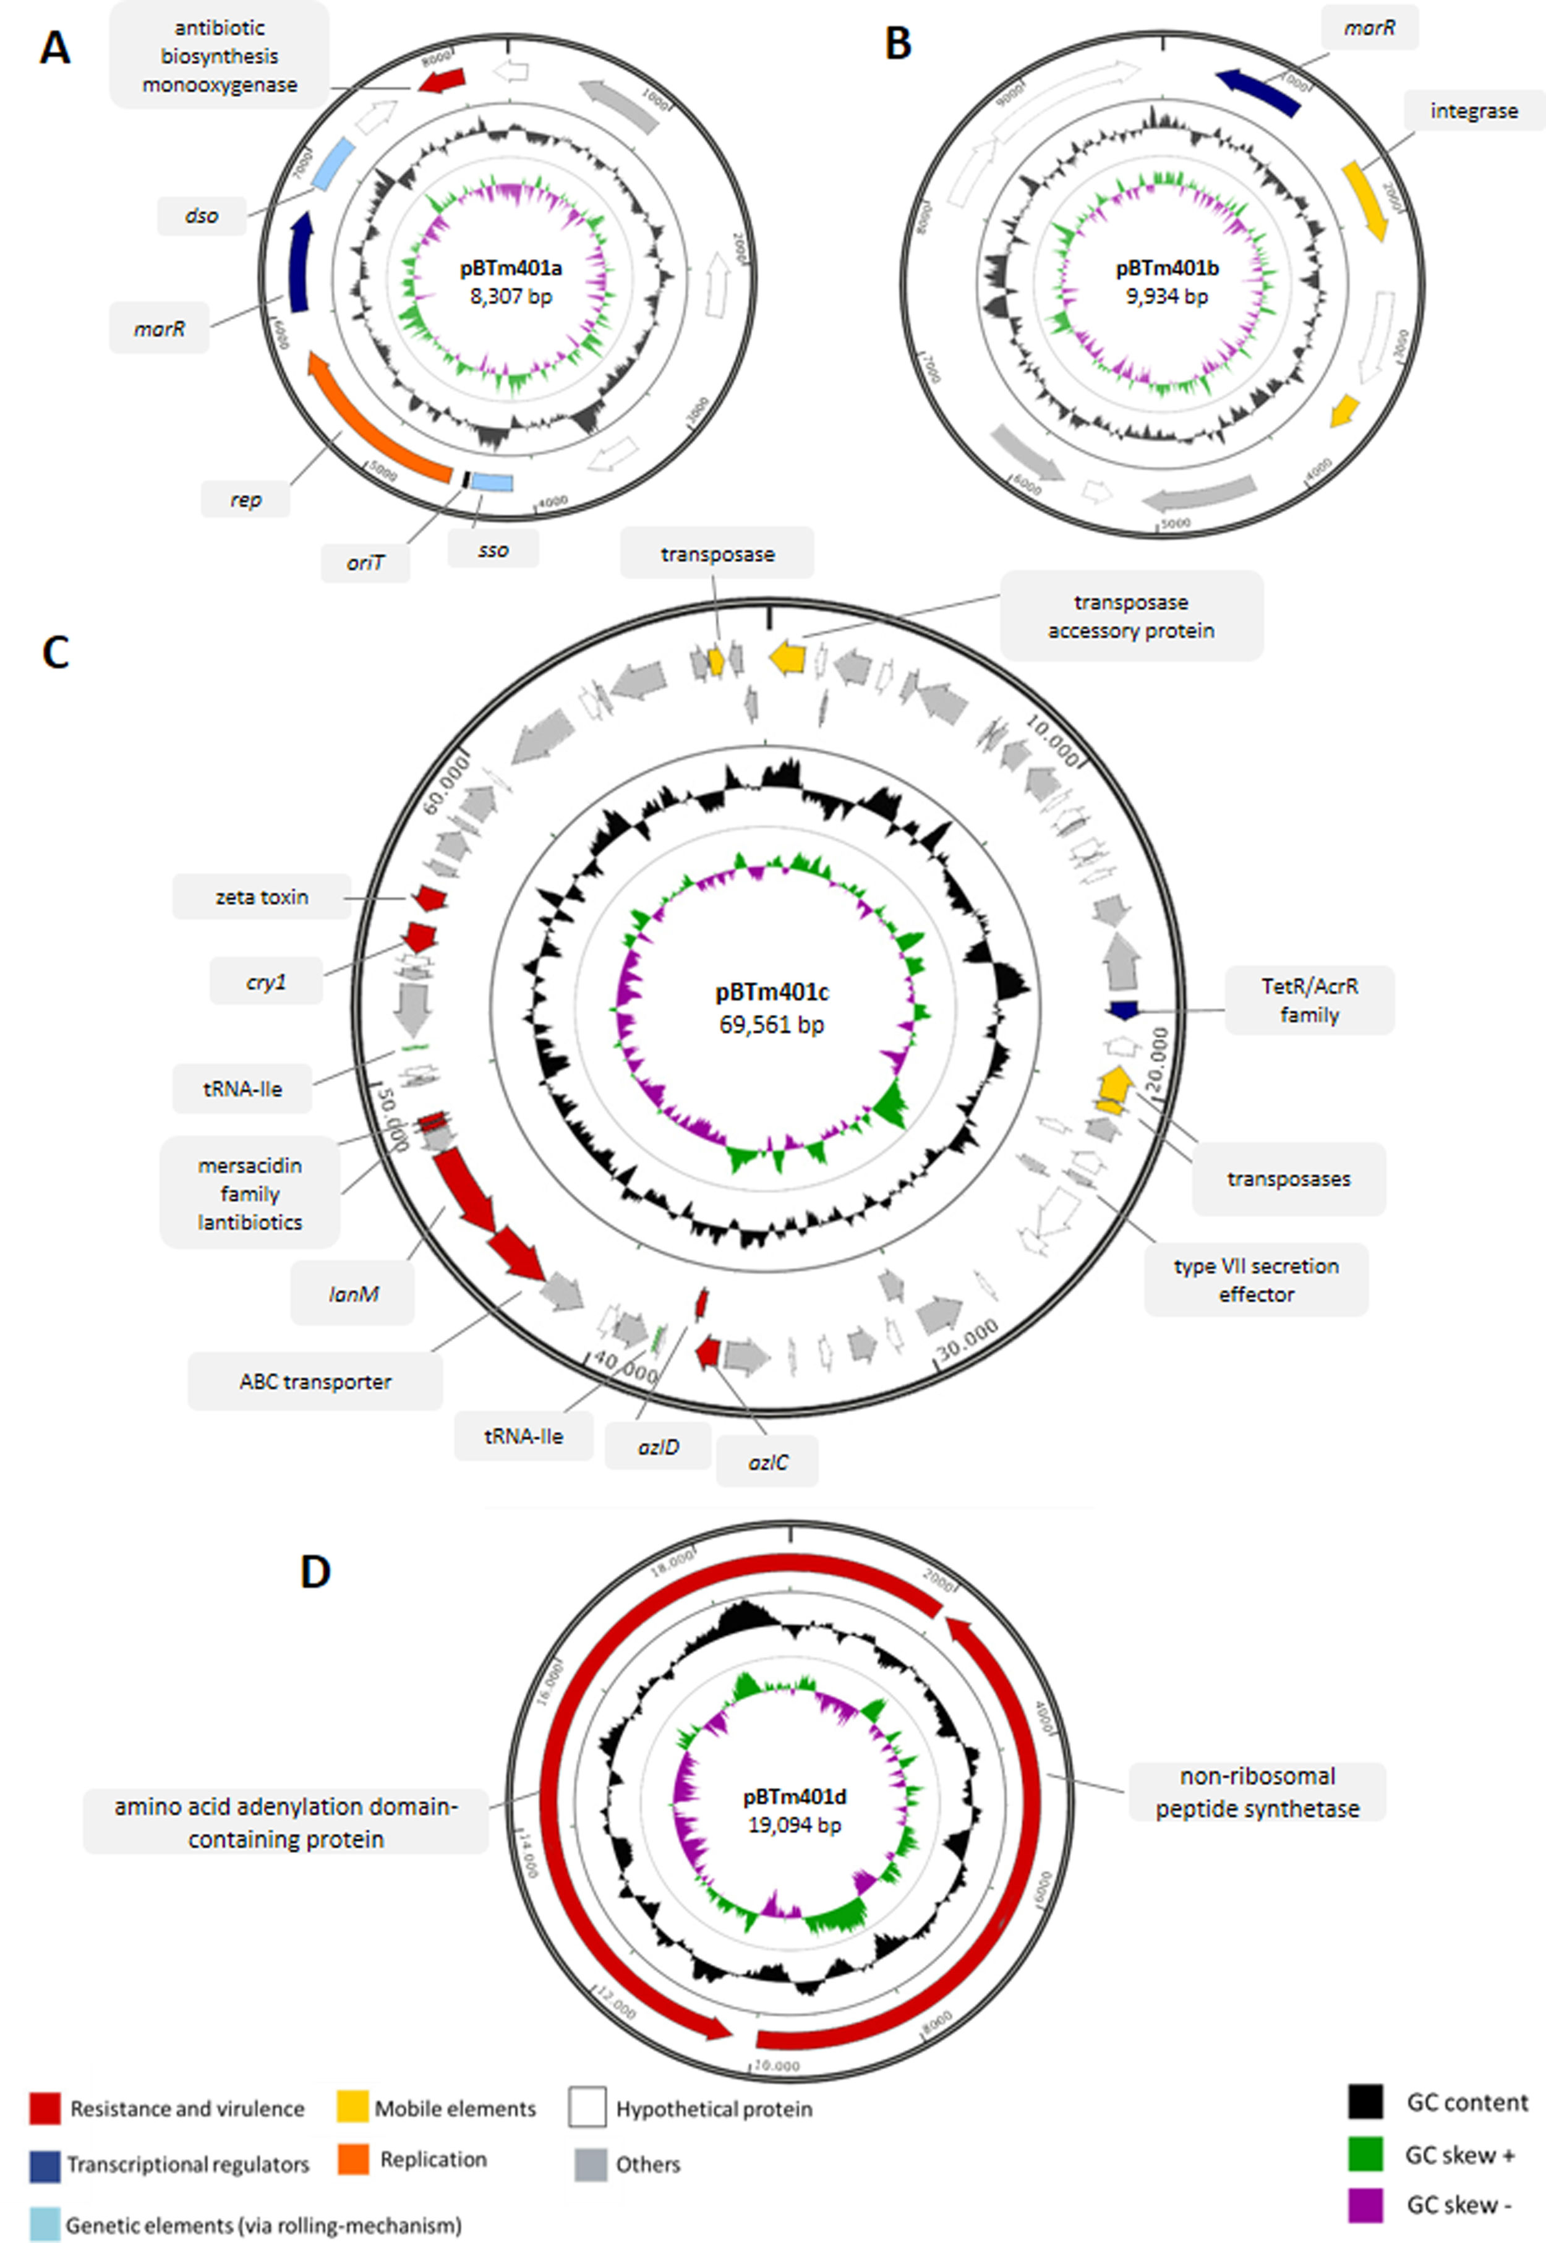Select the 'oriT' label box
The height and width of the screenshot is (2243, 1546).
click(365, 563)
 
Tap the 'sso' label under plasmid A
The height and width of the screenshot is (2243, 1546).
click(493, 550)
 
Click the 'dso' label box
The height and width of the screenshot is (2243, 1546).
click(202, 216)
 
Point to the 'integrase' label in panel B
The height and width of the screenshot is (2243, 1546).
click(1474, 111)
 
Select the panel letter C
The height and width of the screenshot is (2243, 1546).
click(55, 653)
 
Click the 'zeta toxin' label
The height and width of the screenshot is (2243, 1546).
click(262, 897)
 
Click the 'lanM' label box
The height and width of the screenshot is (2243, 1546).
click(352, 1294)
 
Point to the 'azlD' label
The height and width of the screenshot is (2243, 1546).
click(659, 1447)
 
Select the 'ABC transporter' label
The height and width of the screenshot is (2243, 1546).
click(316, 1381)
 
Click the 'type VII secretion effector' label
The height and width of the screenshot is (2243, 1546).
click(1257, 1280)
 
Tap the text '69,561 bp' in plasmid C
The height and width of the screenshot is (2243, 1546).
click(771, 1025)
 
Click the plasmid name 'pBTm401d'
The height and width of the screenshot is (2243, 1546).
click(794, 1797)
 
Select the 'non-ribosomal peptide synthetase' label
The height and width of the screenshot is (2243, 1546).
click(1257, 1792)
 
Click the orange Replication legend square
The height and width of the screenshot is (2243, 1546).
click(354, 2160)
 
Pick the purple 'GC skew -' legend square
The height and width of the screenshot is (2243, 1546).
click(1365, 2205)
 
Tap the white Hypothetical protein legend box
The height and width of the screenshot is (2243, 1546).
click(587, 2108)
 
